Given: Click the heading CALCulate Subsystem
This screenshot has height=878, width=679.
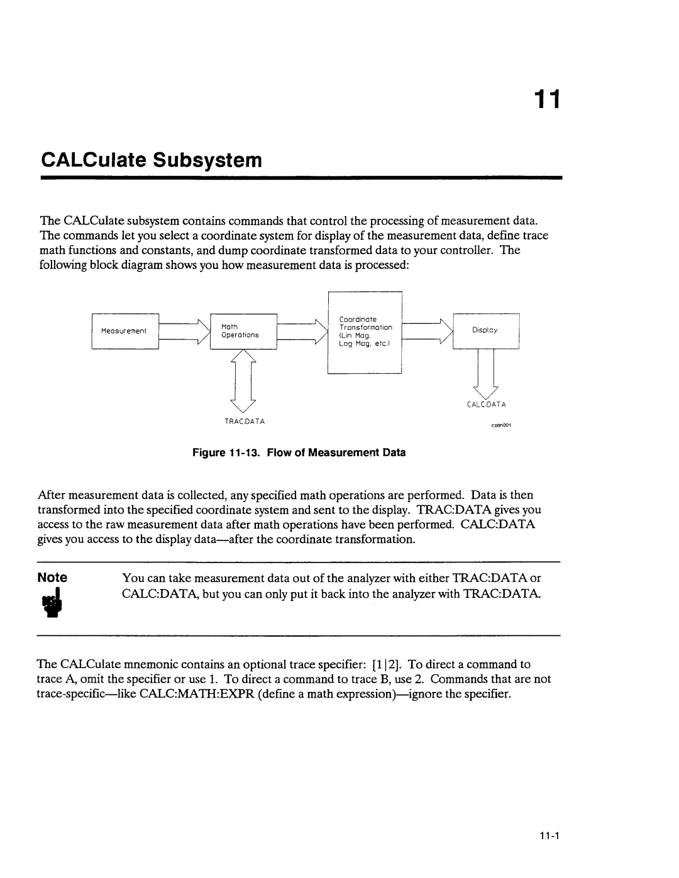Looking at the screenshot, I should [151, 160].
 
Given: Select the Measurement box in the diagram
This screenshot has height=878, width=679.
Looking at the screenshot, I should [124, 331].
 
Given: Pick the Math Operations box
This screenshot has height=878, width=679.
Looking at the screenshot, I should [243, 331].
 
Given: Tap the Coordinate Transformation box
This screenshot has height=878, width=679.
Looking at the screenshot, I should [365, 332].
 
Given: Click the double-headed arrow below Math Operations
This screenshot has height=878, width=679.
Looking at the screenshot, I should [244, 376].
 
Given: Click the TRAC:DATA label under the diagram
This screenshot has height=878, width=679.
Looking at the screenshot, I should [244, 420].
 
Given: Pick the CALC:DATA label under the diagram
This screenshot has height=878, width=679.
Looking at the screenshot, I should [486, 405].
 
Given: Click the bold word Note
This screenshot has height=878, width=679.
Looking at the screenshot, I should [52, 577].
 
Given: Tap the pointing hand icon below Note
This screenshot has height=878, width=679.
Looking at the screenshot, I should [52, 604].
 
